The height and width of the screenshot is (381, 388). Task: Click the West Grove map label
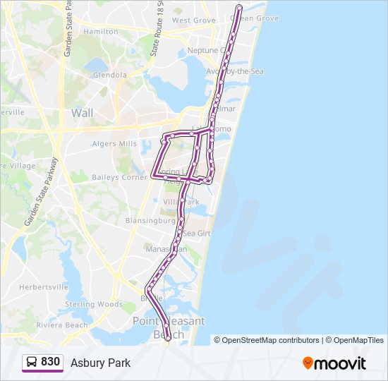click(x=194, y=20)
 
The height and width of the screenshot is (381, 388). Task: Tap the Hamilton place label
click(x=101, y=32)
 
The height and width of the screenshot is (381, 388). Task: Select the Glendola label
click(x=109, y=74)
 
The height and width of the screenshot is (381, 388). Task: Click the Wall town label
click(x=82, y=112)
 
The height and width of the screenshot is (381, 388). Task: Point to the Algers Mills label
click(x=114, y=144)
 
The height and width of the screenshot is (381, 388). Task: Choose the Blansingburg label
click(x=150, y=220)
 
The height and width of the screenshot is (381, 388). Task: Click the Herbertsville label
click(x=43, y=287)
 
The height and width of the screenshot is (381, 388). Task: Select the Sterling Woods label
click(x=94, y=304)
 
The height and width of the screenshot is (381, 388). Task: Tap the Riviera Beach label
click(x=62, y=325)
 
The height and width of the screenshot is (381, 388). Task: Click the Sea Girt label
click(x=197, y=233)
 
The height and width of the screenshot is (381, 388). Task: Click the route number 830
click(x=50, y=362)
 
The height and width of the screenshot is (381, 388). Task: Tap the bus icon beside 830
click(x=32, y=362)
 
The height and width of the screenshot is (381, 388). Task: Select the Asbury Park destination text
click(x=100, y=363)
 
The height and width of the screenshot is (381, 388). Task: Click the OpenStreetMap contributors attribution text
click(x=271, y=340)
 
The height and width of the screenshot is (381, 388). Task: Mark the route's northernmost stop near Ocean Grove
click(x=238, y=8)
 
